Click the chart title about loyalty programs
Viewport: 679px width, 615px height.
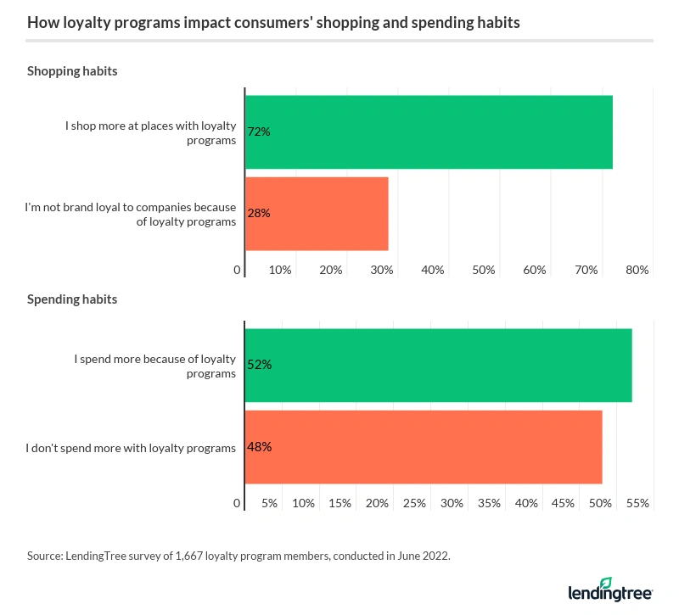tap(273, 23)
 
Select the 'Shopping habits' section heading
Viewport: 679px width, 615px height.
tap(72, 71)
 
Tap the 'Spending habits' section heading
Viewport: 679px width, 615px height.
tap(72, 299)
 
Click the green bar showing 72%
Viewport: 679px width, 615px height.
tap(429, 132)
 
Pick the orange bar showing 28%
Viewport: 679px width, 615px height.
tap(317, 214)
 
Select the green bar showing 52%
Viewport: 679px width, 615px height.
tap(438, 365)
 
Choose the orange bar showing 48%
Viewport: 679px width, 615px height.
tap(424, 447)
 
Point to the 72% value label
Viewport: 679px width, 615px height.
tap(259, 132)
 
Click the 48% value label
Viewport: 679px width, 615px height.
tap(259, 447)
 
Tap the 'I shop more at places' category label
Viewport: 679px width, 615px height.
tap(150, 133)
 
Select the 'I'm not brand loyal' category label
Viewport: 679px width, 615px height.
tap(130, 215)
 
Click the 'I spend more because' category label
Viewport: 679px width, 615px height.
tap(154, 366)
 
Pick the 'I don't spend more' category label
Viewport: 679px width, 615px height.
tap(131, 448)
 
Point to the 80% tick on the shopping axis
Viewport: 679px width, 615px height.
tap(637, 270)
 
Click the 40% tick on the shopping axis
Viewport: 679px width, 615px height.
tap(433, 270)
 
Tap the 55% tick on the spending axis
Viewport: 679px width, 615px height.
tap(637, 503)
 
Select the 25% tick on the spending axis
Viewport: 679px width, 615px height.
tap(414, 503)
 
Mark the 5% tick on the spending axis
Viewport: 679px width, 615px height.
tap(269, 503)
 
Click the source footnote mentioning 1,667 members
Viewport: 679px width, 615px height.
tap(239, 556)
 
